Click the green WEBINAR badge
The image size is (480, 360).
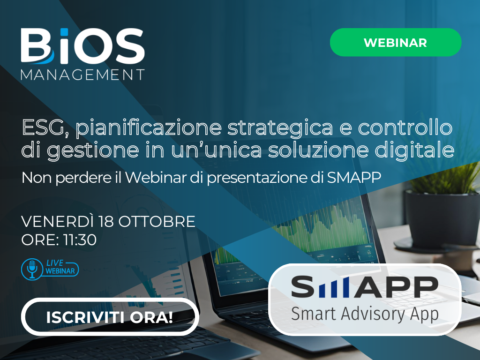click(396, 42)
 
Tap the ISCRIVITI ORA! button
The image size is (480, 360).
click(110, 317)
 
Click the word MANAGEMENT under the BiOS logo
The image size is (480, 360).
click(82, 75)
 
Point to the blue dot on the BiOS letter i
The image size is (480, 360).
click(64, 32)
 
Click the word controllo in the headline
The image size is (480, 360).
click(405, 127)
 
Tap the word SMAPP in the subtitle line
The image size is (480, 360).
click(354, 177)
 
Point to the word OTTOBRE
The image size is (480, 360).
click(157, 222)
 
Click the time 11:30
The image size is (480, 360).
click(80, 240)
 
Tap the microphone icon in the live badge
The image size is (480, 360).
click(32, 269)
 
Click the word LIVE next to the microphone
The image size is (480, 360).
click(55, 263)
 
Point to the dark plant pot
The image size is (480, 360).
click(442, 218)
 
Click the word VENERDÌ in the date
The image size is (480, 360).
click(57, 221)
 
